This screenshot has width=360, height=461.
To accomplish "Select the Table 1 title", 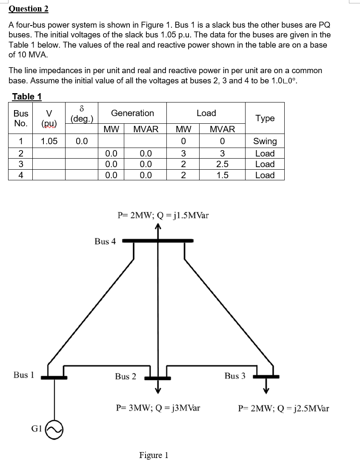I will (27, 97).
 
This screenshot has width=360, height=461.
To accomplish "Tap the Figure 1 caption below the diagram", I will (154, 455).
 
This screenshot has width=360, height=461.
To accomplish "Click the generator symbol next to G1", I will (55, 430).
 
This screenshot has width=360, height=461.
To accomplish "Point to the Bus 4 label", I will (105, 242).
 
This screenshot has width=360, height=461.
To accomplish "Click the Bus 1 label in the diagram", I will (23, 375).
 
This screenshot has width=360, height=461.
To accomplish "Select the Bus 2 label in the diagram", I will (126, 376).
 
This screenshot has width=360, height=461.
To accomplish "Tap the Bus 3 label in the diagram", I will (235, 376).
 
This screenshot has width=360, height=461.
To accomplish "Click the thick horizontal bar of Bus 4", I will (158, 241).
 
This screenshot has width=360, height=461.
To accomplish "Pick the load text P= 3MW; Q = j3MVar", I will (158, 408).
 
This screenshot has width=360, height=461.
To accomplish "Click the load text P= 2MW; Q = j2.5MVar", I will (283, 409).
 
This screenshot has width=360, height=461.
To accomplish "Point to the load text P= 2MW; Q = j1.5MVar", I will (163, 215).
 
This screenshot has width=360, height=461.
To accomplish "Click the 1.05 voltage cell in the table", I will (49, 141).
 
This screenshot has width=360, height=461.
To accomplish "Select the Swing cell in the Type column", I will (265, 141).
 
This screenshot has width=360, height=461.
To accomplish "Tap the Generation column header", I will (132, 113).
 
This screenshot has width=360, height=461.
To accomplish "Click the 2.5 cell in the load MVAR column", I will (222, 164).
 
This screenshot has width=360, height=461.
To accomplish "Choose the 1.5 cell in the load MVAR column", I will (222, 175).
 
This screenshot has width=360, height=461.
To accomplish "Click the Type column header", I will (265, 118).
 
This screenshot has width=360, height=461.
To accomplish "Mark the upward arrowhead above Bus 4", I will (158, 227).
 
